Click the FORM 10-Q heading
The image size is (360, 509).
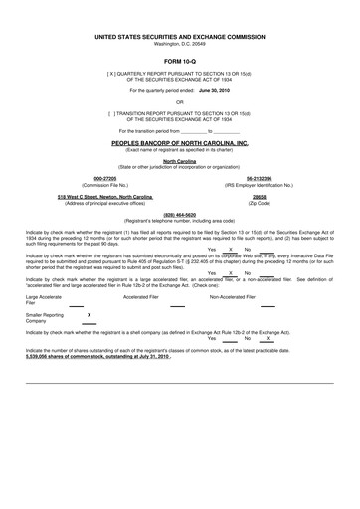pos(180,62)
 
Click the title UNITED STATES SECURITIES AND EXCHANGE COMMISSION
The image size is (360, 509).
pos(180,35)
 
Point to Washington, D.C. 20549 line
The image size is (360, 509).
pos(180,43)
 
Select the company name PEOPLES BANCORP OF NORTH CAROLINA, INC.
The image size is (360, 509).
pos(180,143)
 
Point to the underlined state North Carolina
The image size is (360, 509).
pos(180,160)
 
